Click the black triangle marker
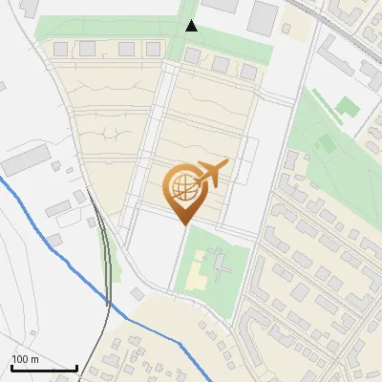192,26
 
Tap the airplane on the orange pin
211,173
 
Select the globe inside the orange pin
182,185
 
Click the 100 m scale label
24,359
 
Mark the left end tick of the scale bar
11,367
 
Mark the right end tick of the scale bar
76,367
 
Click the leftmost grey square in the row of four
61,49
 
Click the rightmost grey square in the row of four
153,49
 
